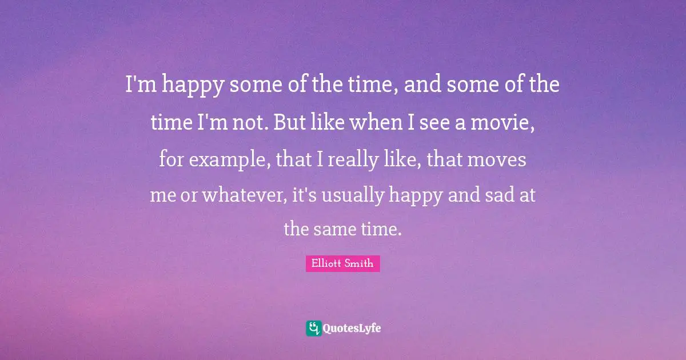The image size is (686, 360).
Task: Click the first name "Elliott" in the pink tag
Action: click(328, 263)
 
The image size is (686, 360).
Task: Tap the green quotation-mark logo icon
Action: click(313, 328)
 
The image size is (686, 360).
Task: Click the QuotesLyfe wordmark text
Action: click(352, 328)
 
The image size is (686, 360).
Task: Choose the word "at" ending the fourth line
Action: click(528, 195)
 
